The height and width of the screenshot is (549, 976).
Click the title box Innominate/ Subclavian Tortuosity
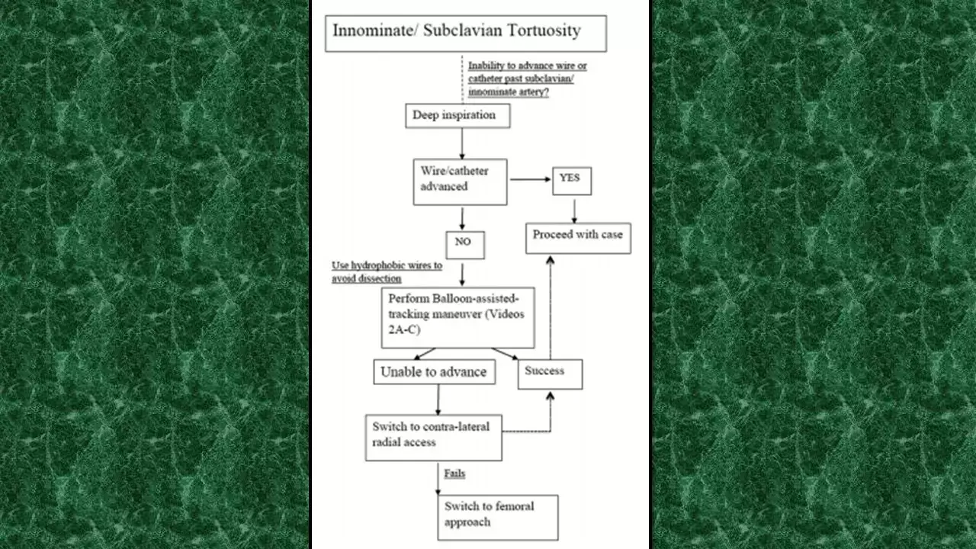coord(465,34)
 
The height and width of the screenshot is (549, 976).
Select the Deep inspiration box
coord(457,116)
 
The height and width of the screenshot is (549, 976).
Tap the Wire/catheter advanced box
coord(460,181)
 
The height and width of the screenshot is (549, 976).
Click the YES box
coord(572,181)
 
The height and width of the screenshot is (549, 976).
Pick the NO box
coord(465,245)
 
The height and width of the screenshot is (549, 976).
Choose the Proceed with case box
coord(578,238)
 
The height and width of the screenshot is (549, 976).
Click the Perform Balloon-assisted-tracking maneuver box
coord(457,317)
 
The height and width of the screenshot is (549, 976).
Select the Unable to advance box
coord(434,372)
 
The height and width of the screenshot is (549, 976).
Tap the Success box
coord(550,374)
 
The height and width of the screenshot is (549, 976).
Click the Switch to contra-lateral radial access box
coord(433,438)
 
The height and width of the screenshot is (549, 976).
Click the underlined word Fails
coord(454,474)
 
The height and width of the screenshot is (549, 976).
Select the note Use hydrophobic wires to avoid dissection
coord(387,272)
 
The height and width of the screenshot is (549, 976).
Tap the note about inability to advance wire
coord(527,79)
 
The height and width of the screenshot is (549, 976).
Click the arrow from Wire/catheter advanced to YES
coord(530,179)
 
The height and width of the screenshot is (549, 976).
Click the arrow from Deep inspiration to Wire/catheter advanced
coord(462,143)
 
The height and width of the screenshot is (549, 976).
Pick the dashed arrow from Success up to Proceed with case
coord(550,305)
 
